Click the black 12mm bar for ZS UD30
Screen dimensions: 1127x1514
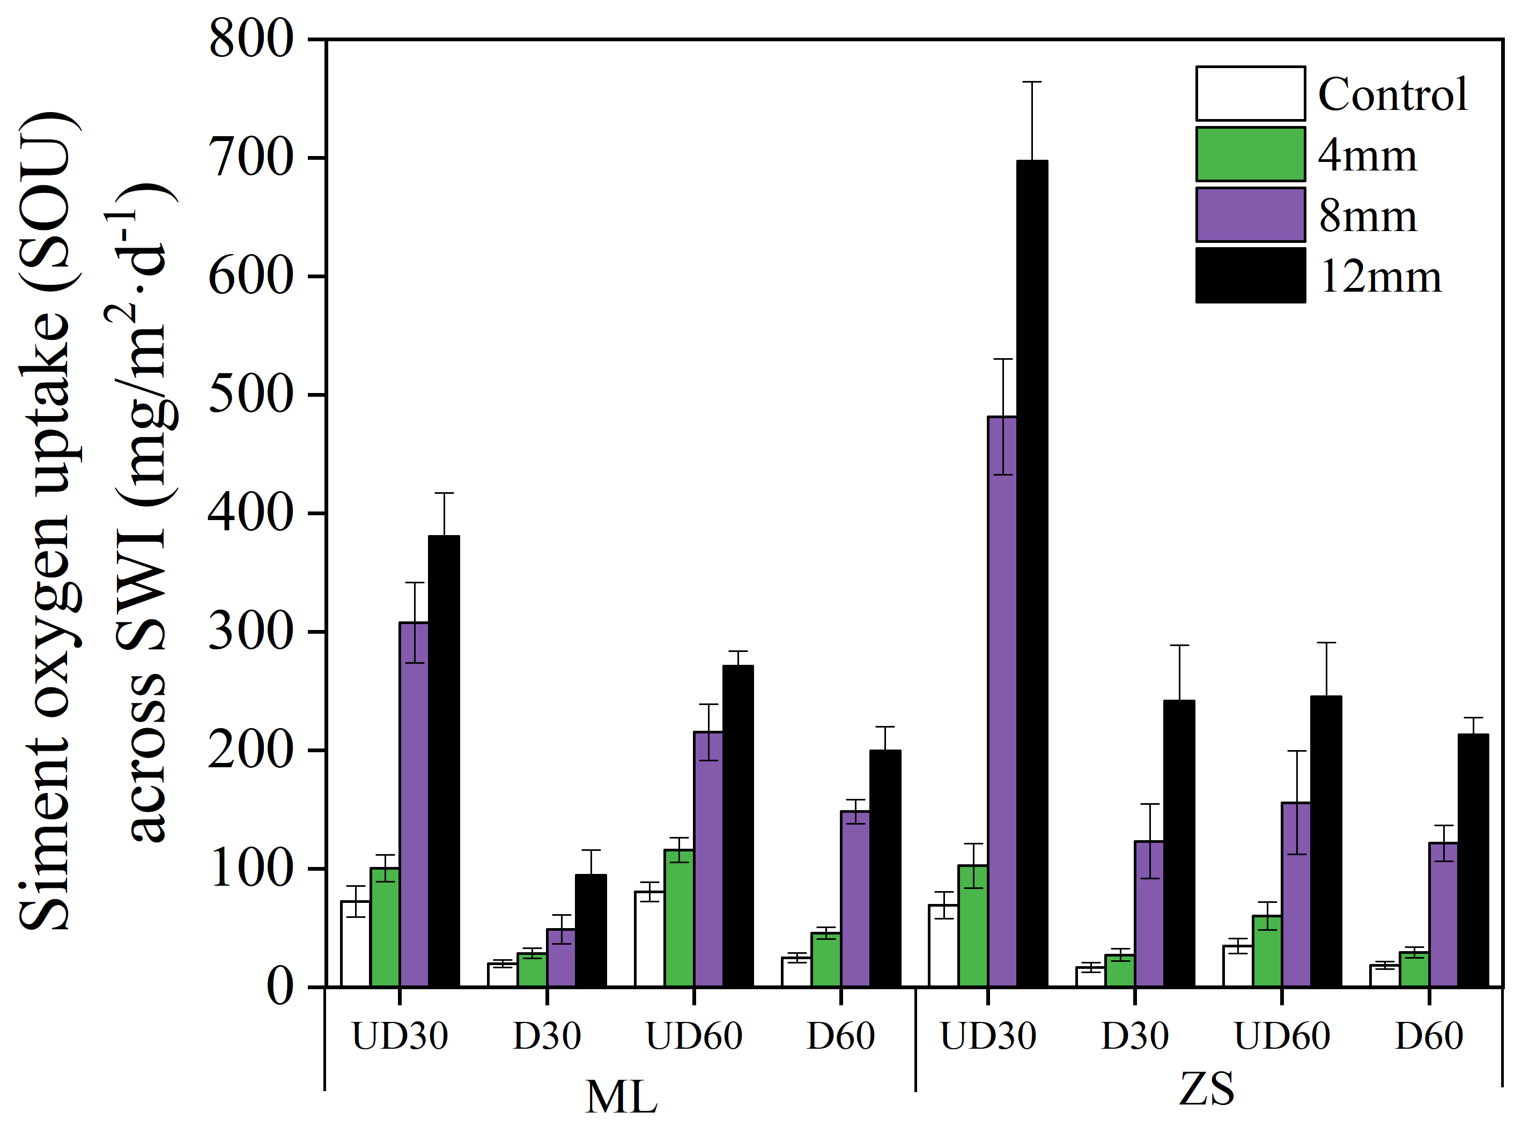click(x=1032, y=573)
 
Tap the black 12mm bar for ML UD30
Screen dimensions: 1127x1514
click(x=444, y=761)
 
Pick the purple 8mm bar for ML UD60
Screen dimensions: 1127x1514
click(x=708, y=859)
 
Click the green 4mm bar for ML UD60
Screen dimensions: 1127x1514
click(x=679, y=917)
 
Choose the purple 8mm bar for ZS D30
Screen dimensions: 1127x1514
click(x=1150, y=914)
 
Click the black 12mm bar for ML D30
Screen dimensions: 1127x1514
click(x=590, y=931)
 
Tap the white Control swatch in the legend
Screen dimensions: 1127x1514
click(x=1250, y=93)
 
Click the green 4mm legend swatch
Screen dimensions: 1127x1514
click(x=1250, y=154)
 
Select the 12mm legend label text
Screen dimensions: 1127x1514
click(x=1379, y=277)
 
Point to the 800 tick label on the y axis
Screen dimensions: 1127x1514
click(x=251, y=40)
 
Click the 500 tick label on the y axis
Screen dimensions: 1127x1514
click(x=251, y=394)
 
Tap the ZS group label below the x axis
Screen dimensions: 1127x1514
click(x=1206, y=1089)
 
